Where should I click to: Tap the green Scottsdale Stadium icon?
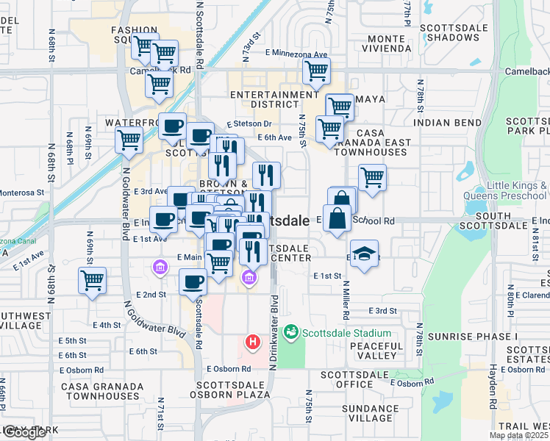(x=291, y=333)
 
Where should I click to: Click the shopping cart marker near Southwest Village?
(x=92, y=281)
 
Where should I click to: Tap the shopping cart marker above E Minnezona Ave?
(x=316, y=72)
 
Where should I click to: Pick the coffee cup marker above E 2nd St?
(x=193, y=282)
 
